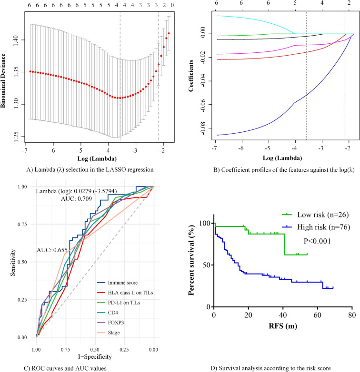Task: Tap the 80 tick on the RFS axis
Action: pyautogui.click(x=351, y=316)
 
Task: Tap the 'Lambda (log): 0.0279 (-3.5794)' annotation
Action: pyautogui.click(x=78, y=191)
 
